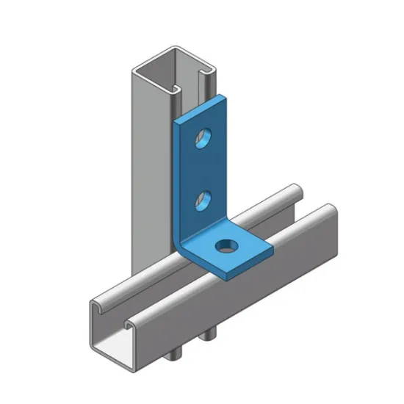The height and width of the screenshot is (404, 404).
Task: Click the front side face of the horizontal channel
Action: (x=220, y=294)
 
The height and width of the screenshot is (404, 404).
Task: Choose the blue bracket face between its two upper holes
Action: (x=204, y=169)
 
